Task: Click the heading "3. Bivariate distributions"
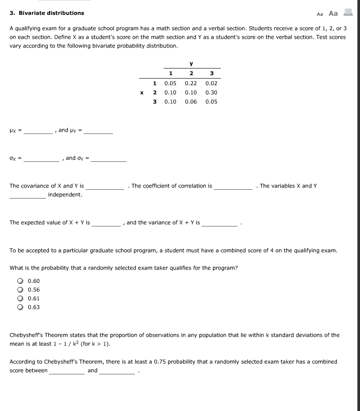[x=47, y=13]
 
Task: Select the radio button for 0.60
[x=20, y=281]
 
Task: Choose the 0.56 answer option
[x=20, y=290]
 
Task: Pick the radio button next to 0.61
[x=20, y=298]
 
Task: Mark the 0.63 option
[x=20, y=307]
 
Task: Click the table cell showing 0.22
[x=191, y=83]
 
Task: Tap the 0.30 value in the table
[x=211, y=92]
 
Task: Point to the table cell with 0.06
[x=191, y=102]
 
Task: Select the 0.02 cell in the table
[x=211, y=83]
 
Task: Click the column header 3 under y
[x=212, y=73]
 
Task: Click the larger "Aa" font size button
[x=333, y=13]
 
